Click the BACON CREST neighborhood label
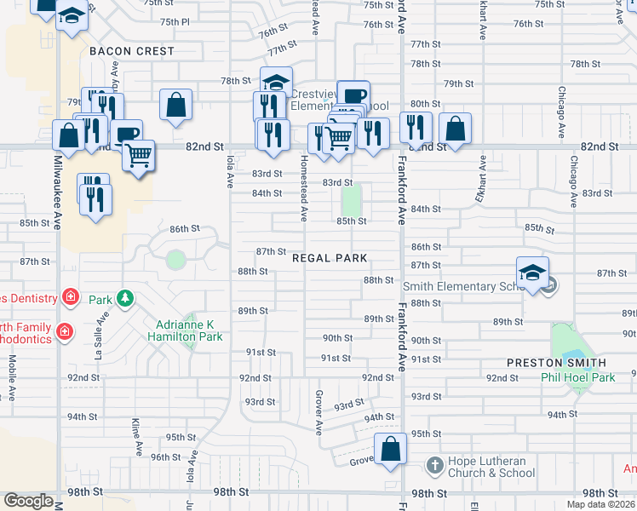click(132, 51)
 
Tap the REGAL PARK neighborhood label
click(330, 258)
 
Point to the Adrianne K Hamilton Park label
click(189, 330)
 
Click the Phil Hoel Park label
click(578, 377)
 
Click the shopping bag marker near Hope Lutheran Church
click(390, 448)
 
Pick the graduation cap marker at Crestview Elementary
click(276, 83)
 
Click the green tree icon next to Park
click(126, 298)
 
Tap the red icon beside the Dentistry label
click(71, 298)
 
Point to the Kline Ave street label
click(136, 434)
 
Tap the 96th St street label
click(165, 457)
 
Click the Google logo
click(29, 501)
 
